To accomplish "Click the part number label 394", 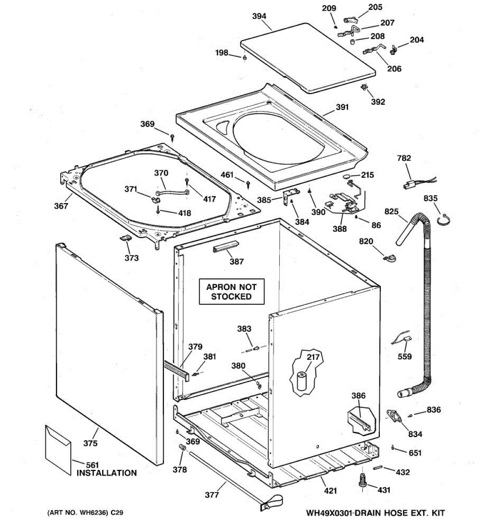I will (259, 16).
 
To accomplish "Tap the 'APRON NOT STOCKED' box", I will (231, 292).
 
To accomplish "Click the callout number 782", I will (404, 158).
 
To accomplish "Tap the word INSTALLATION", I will (106, 473).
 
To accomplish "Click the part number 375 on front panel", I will (90, 444).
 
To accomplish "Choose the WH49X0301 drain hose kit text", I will (375, 513).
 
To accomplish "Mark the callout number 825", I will (391, 212).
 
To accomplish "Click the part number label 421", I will (330, 491).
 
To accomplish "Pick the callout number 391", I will (342, 107).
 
